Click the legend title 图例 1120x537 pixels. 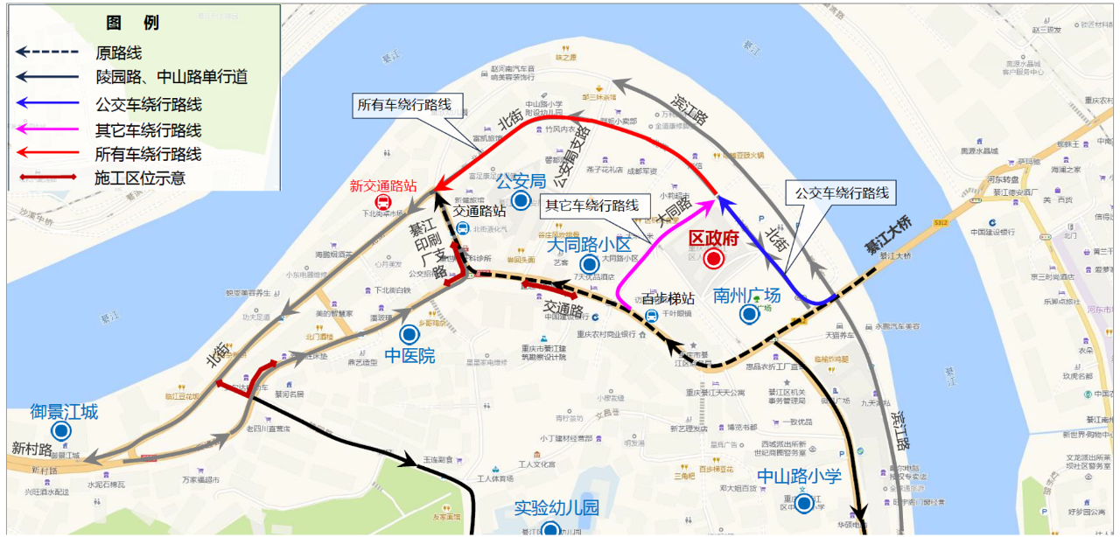tap(132, 23)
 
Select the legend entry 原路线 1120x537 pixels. tap(119, 52)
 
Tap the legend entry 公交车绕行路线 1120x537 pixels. tap(149, 104)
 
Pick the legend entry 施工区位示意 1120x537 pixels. tap(140, 179)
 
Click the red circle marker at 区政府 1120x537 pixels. tap(714, 259)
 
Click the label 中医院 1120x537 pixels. tap(409, 356)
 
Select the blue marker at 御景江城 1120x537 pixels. tap(61, 431)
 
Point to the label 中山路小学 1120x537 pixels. tap(799, 477)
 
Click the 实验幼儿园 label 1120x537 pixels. tap(556, 508)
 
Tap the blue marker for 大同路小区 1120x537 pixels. tap(590, 263)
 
